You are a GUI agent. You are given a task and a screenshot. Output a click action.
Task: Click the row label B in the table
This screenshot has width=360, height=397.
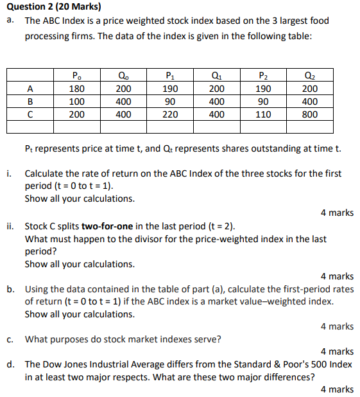30,101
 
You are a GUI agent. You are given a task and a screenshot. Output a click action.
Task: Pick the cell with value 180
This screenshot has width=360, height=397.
77,89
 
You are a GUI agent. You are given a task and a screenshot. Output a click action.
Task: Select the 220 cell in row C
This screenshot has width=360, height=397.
170,114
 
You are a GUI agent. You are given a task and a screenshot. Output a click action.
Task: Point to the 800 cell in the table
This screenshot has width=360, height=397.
310,114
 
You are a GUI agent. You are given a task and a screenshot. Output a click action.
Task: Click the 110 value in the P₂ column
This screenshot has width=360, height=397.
263,114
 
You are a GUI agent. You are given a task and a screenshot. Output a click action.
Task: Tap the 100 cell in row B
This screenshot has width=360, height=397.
77,101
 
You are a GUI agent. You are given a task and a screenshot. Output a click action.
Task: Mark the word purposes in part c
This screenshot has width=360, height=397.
74,339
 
